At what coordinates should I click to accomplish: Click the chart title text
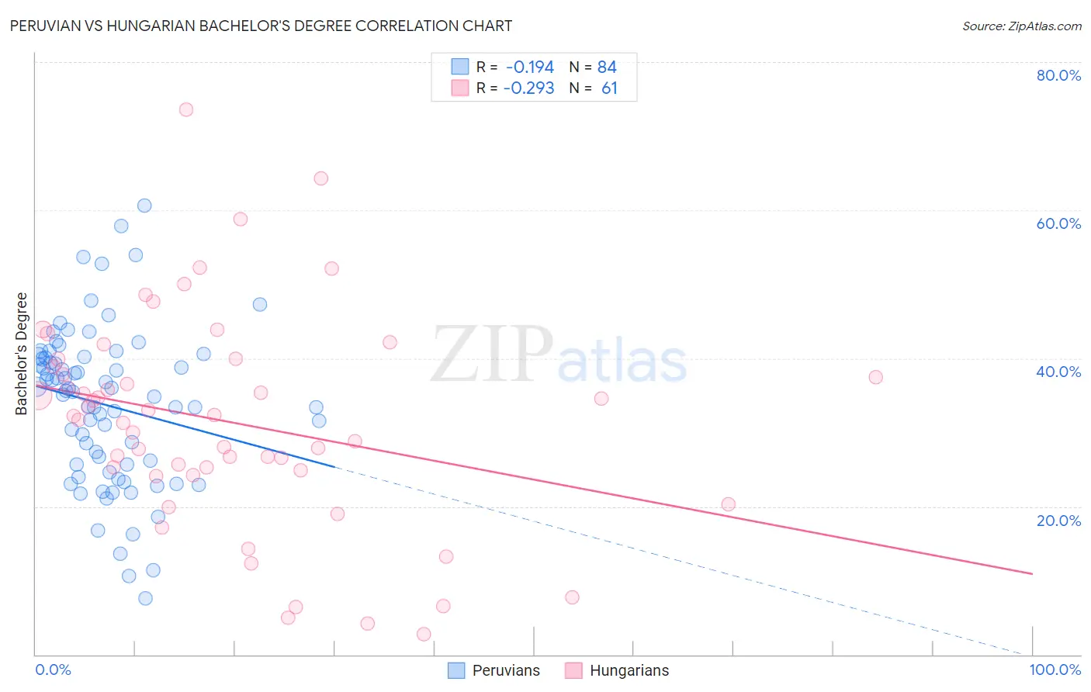[261, 26]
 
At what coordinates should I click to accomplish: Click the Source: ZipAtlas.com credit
[1021, 26]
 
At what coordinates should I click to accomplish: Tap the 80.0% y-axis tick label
[1058, 75]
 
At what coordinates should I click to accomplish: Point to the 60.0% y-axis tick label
[1058, 223]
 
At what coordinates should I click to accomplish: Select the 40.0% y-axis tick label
[1058, 372]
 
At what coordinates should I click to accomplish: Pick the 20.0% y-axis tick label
[1058, 520]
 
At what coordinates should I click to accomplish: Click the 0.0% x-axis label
[53, 670]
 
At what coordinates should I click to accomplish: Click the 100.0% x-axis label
[1055, 670]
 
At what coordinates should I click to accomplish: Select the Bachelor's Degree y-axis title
[21, 353]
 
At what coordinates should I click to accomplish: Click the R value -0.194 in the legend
[529, 67]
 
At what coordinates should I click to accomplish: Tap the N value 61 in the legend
[609, 88]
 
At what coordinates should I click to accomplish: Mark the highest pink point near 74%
[185, 109]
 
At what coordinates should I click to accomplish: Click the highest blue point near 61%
[144, 206]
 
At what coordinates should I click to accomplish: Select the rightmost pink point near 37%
[876, 377]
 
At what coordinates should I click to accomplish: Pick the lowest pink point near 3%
[424, 634]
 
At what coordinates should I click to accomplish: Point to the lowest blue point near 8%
[145, 598]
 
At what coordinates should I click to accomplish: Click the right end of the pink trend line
[1032, 574]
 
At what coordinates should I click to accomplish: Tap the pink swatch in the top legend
[460, 88]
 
